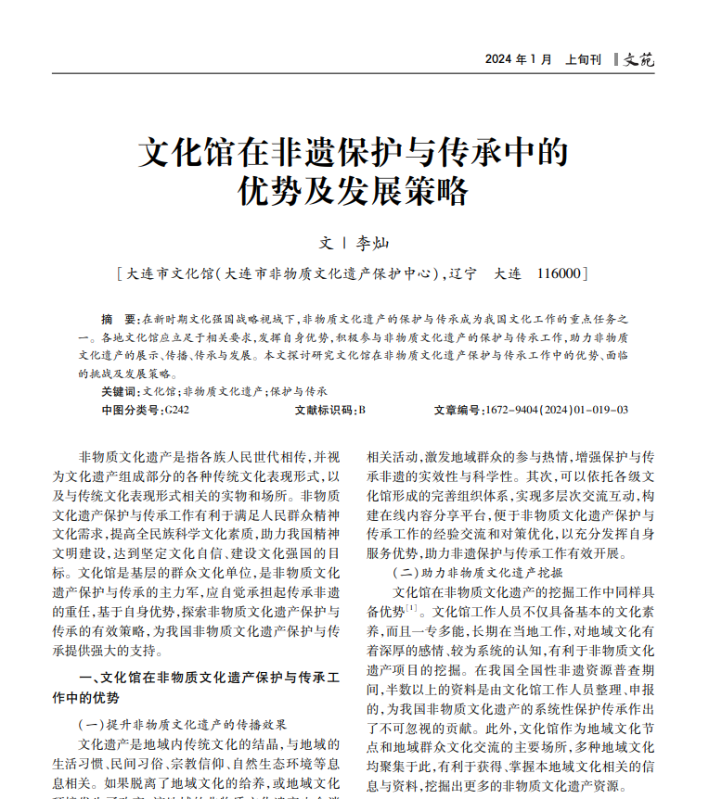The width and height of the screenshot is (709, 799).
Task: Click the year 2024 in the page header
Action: [498, 59]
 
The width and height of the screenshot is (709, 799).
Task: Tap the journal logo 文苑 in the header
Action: [639, 59]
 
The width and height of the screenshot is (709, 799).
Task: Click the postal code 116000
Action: [558, 273]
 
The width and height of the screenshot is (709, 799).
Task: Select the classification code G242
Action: [175, 409]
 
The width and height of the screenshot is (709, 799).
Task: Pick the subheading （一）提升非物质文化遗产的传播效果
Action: [182, 724]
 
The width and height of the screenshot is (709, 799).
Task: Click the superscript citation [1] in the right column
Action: [411, 608]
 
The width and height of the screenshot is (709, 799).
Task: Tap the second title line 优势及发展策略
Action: [354, 192]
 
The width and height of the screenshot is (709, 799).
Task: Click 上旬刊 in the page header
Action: [583, 59]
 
